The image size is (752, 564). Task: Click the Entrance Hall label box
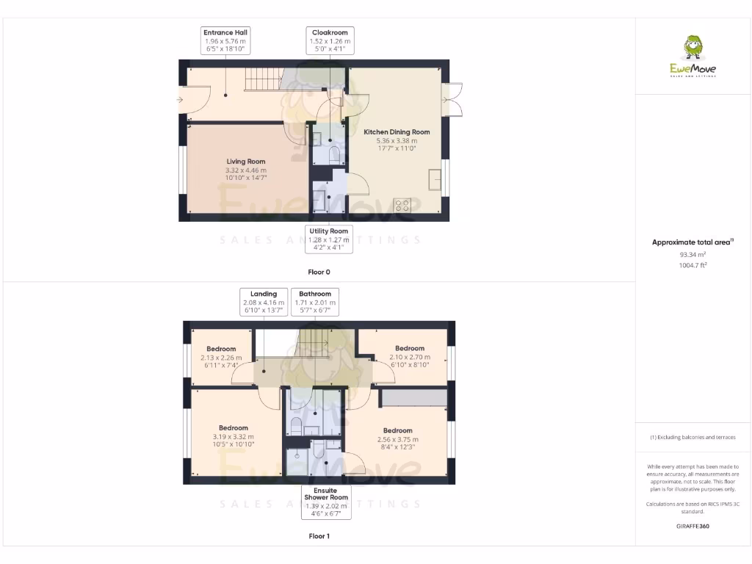[225, 41]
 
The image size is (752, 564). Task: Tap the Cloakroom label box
[330, 41]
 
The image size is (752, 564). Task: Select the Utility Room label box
[328, 239]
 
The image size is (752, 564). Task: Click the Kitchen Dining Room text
[397, 132]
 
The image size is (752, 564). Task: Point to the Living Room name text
[245, 162]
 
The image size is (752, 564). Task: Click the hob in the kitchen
[402, 206]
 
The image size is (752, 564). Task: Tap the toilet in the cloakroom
[334, 154]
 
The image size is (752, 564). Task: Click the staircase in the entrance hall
[262, 78]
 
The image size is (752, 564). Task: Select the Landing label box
[264, 302]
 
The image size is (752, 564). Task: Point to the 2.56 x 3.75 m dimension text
[397, 439]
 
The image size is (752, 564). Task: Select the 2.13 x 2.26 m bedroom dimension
[221, 358]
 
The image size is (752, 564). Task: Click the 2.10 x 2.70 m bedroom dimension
[409, 357]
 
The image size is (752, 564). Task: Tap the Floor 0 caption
[319, 272]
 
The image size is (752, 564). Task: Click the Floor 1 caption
[319, 536]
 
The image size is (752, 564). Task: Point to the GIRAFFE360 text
[693, 526]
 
